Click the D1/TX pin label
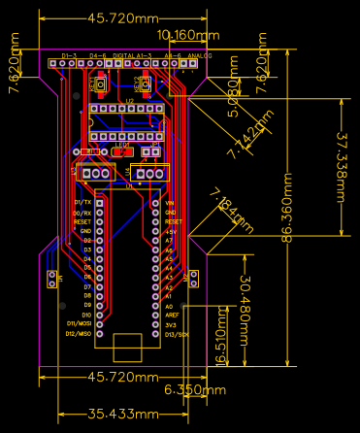[x=82, y=202]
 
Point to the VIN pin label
[x=170, y=202]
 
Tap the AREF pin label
[x=172, y=315]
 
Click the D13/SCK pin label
[x=177, y=333]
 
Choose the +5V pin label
[x=171, y=230]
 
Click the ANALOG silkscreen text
[x=199, y=56]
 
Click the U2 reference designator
[x=130, y=100]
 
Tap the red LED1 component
[x=122, y=150]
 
